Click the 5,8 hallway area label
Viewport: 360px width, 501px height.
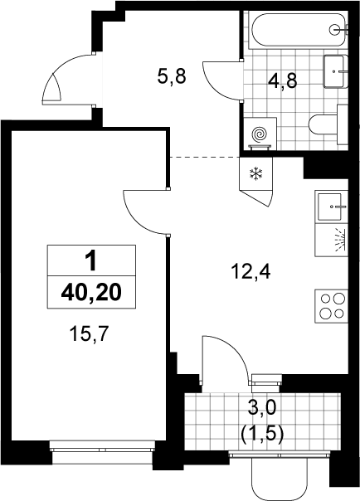point(172,76)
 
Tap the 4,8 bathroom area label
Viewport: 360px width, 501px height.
point(283,80)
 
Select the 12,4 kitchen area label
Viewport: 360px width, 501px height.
point(251,272)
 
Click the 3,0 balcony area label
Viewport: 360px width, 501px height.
point(261,409)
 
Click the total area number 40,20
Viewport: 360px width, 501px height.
point(91,292)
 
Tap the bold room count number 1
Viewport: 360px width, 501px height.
point(92,260)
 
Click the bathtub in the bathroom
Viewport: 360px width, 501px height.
point(298,29)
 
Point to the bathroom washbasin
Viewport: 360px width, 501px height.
point(335,71)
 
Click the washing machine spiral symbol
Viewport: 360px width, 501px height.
point(260,134)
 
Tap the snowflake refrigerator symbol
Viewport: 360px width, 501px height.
point(255,174)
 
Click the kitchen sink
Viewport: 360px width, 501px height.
point(331,207)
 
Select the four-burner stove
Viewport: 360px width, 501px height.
point(331,306)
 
